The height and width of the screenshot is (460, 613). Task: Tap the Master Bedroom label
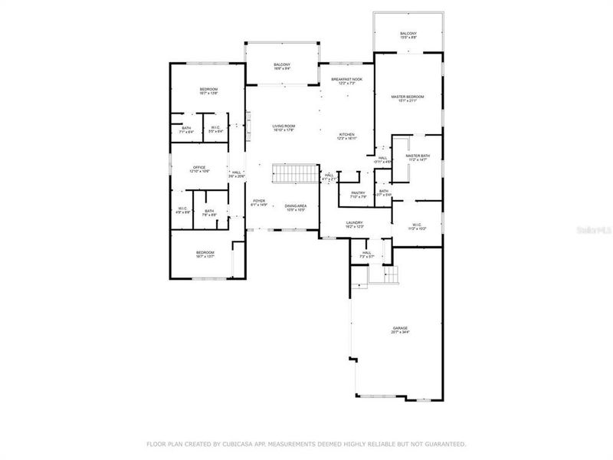coord(407,97)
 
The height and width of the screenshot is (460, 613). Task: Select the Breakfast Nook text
coord(346,79)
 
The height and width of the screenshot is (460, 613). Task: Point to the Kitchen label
coord(347,134)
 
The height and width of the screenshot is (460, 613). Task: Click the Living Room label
coord(284,126)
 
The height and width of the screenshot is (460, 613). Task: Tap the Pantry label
coord(356,192)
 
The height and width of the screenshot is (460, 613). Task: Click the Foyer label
coord(259,201)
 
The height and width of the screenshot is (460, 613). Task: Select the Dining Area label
coord(295,205)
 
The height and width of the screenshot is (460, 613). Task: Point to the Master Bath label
coord(418,156)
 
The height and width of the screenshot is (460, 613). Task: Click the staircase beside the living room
coord(295,175)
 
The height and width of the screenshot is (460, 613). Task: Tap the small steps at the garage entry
coord(392,276)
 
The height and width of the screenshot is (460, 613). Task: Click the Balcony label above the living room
coord(282,64)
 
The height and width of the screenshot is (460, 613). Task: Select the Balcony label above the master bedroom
coord(408,34)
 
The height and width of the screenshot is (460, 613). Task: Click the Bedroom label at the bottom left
coord(205,252)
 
